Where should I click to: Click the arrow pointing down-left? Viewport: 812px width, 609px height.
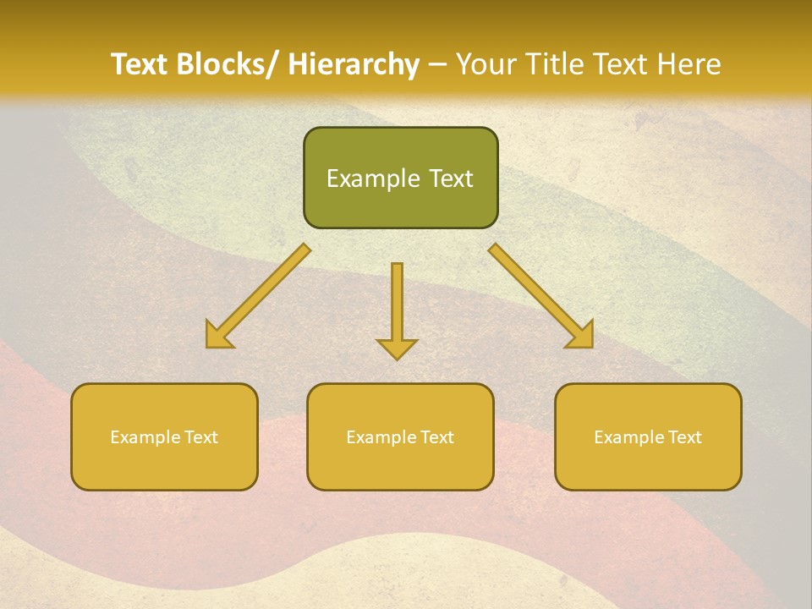point(259,295)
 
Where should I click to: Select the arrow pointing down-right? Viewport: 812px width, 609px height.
point(540,295)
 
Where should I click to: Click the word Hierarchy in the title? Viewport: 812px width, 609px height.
point(354,64)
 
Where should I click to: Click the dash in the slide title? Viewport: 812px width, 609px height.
point(437,64)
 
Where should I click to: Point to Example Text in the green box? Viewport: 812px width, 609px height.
point(400,178)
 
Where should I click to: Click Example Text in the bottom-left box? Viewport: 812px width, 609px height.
point(164,437)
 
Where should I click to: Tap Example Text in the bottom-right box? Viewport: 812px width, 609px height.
point(648,437)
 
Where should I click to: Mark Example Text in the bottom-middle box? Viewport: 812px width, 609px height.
point(400,437)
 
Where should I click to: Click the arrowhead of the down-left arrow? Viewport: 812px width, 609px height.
point(218,335)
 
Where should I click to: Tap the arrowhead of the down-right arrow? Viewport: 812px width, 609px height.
point(580,335)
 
